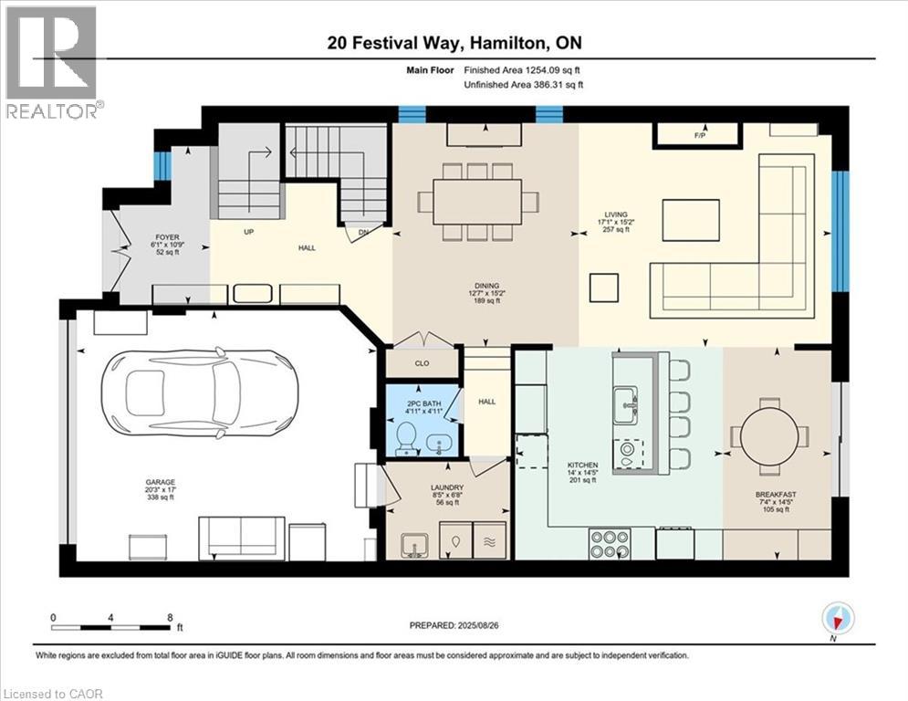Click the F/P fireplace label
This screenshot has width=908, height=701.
pos(701,136)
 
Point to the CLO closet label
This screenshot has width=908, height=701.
pos(422,363)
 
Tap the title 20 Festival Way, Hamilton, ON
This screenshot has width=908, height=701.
pos(454,43)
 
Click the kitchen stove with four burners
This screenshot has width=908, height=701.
pos(609,544)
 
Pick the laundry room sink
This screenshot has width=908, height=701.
pos(414,544)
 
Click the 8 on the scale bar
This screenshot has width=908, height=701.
pos(170,617)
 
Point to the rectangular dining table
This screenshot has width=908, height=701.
pos(477,201)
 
